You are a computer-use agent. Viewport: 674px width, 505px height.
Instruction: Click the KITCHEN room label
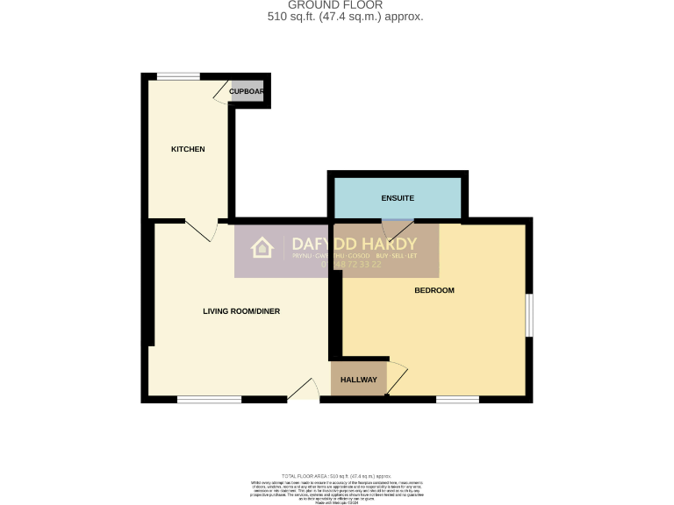[188, 149]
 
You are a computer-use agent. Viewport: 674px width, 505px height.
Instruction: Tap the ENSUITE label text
[398, 198]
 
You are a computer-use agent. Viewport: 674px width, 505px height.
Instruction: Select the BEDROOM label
[434, 290]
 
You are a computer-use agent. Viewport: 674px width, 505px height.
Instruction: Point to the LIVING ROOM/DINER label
[241, 311]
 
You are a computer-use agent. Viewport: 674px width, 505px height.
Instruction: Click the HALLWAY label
[359, 380]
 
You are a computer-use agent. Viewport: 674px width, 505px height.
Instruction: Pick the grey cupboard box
[247, 91]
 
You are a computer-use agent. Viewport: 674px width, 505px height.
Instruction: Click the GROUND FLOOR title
[323, 5]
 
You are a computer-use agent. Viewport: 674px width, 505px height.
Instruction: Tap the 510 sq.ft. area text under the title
[345, 17]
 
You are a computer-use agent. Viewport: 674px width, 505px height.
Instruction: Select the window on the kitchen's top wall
[178, 76]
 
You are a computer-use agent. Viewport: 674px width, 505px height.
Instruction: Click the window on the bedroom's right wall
[529, 315]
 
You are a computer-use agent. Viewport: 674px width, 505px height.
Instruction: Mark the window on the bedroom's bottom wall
[457, 400]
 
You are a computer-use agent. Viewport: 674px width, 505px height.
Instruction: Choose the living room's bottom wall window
[209, 400]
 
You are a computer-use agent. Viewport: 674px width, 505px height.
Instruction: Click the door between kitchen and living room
[203, 230]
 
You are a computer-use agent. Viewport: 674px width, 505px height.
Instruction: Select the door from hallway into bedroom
[397, 377]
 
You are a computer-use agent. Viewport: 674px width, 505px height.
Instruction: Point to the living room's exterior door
[304, 389]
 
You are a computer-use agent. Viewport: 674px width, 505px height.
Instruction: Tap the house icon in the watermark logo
[262, 248]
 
